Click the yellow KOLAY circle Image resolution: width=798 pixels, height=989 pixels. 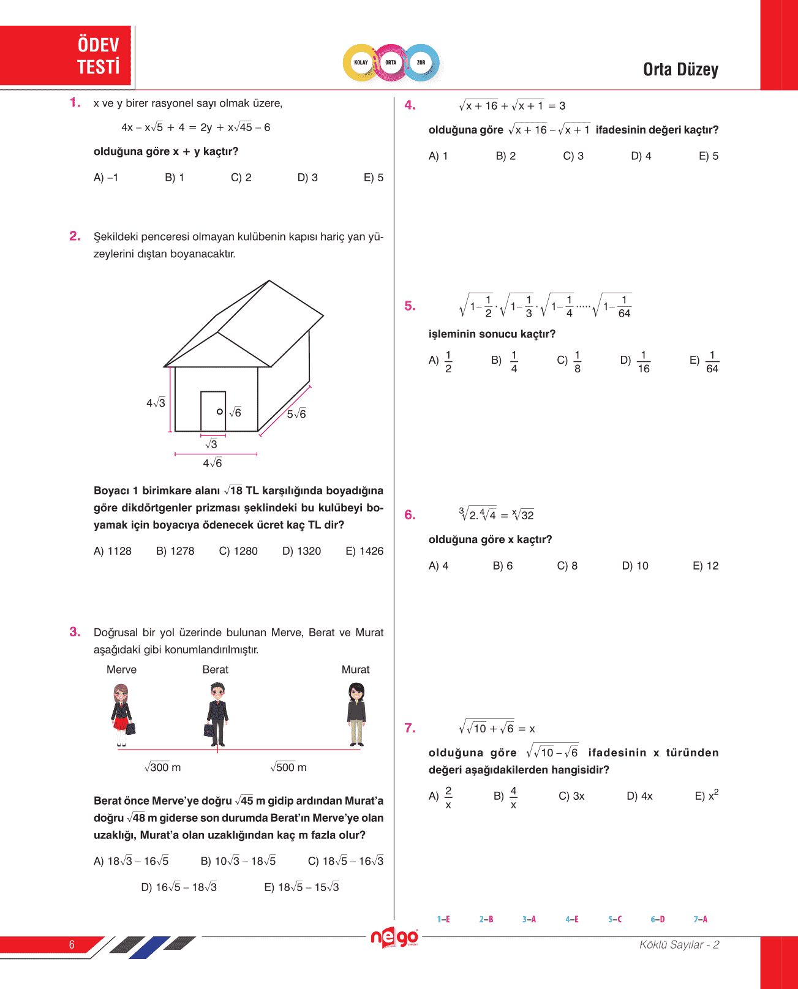click(x=361, y=62)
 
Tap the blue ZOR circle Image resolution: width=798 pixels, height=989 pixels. click(x=421, y=62)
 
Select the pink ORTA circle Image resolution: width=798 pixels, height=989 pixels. click(x=391, y=62)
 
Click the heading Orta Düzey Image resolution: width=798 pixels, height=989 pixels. click(x=680, y=70)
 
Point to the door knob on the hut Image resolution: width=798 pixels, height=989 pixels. click(x=220, y=412)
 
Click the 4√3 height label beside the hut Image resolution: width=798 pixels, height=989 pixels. click(x=156, y=403)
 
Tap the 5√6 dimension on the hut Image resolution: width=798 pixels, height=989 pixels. click(x=296, y=414)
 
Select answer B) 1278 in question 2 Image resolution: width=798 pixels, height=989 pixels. click(x=175, y=551)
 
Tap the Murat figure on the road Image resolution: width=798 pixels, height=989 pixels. click(x=356, y=714)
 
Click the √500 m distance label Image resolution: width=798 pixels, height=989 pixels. click(x=288, y=767)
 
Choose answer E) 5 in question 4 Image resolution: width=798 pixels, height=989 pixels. click(x=709, y=156)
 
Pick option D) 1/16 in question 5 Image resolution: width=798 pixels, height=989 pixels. click(x=635, y=361)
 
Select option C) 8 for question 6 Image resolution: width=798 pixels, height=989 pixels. click(x=567, y=566)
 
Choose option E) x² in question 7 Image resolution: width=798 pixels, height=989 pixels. click(x=707, y=795)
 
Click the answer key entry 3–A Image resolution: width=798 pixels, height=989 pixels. click(x=529, y=919)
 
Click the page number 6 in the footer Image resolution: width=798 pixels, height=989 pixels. click(x=72, y=945)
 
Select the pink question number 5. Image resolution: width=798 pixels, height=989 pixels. click(x=410, y=306)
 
